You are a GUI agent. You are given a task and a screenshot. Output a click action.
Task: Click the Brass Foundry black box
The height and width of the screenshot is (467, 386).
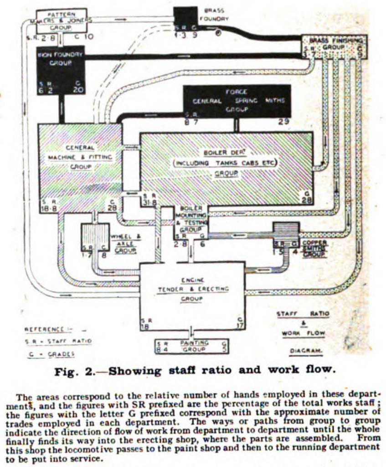pyautogui.click(x=185, y=18)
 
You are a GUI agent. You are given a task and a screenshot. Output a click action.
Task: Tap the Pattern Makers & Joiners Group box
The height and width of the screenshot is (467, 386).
pyautogui.click(x=61, y=21)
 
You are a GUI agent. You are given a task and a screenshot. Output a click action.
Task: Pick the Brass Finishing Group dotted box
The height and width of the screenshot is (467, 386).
pyautogui.click(x=334, y=46)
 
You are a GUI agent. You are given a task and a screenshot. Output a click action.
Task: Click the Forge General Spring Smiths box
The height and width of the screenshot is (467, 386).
pyautogui.click(x=237, y=101)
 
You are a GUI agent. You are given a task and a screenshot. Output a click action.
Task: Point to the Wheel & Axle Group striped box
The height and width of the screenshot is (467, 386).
pyautogui.click(x=95, y=237)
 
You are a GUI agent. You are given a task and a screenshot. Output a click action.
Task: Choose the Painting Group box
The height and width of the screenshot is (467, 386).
pyautogui.click(x=192, y=346)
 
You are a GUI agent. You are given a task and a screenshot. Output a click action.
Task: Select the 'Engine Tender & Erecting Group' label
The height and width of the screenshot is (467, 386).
pyautogui.click(x=192, y=289)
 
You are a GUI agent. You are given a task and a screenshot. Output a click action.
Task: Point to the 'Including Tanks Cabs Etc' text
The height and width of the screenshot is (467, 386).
pyautogui.click(x=226, y=163)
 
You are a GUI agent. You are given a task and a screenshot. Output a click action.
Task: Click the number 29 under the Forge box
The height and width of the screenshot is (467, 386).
pyautogui.click(x=283, y=122)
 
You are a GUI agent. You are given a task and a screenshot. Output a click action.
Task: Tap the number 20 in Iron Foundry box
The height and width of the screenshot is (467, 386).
pyautogui.click(x=78, y=90)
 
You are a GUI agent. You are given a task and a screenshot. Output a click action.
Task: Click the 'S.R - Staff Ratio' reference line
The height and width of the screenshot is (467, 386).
pyautogui.click(x=58, y=341)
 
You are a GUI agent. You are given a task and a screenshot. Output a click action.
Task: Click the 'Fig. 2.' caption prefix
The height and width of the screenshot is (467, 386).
pyautogui.click(x=73, y=370)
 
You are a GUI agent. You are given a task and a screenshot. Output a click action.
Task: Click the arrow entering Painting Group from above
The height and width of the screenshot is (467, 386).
pyautogui.click(x=192, y=332)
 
